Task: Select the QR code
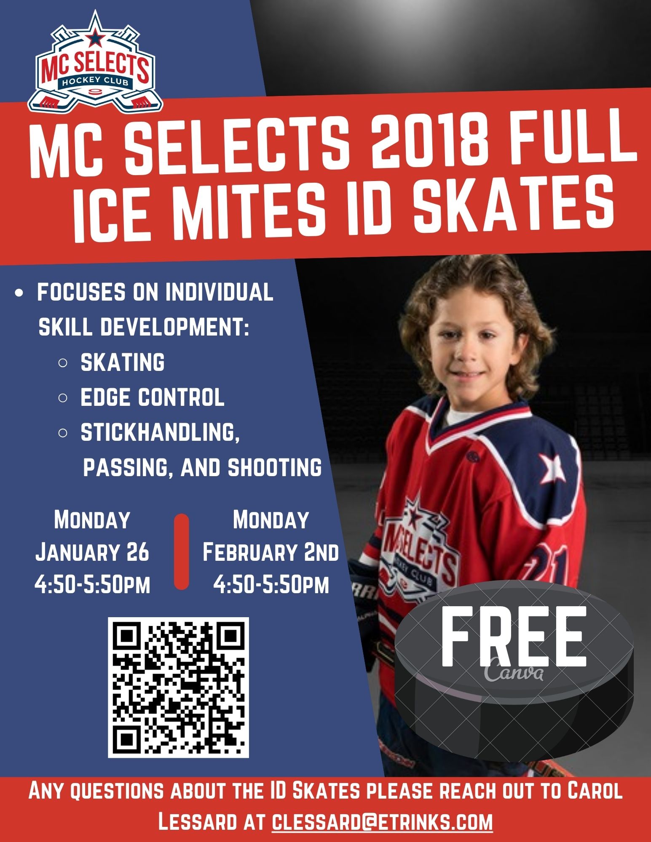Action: [x=178, y=687]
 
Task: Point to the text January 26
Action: [x=92, y=552]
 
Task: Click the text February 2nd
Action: [x=271, y=552]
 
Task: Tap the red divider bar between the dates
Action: [x=181, y=552]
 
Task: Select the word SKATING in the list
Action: [x=122, y=362]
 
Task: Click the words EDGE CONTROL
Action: [x=152, y=397]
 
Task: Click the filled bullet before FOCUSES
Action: [x=19, y=293]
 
